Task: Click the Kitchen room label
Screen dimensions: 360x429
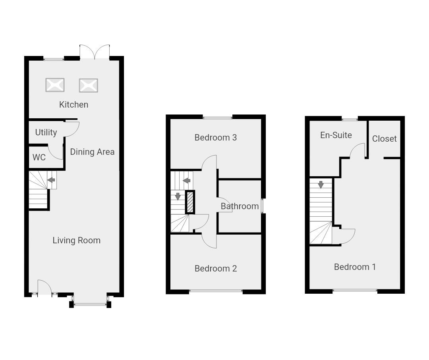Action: [73, 105]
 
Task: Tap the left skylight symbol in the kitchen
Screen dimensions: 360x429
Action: [55, 85]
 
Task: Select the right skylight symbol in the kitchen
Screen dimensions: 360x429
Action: [88, 85]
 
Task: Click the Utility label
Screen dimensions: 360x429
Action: [46, 133]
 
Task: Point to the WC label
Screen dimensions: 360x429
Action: [39, 158]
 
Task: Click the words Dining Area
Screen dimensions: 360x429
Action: [92, 152]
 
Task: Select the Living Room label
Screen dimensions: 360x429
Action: [76, 241]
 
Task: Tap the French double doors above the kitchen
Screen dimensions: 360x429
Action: [95, 52]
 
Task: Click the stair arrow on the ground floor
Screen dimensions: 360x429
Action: [51, 180]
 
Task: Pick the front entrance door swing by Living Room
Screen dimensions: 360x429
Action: [44, 287]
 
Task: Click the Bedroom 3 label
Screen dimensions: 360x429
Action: [216, 138]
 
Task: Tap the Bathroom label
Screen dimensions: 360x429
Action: [240, 206]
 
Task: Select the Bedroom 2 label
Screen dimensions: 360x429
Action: [216, 269]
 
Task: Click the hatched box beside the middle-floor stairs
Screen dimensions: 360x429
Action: [190, 202]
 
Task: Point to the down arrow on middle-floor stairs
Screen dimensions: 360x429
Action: [178, 196]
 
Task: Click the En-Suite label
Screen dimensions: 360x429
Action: [336, 135]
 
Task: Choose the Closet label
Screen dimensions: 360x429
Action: [384, 139]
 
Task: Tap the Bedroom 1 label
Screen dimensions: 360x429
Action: [355, 267]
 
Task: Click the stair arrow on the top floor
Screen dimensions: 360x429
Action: [321, 185]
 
